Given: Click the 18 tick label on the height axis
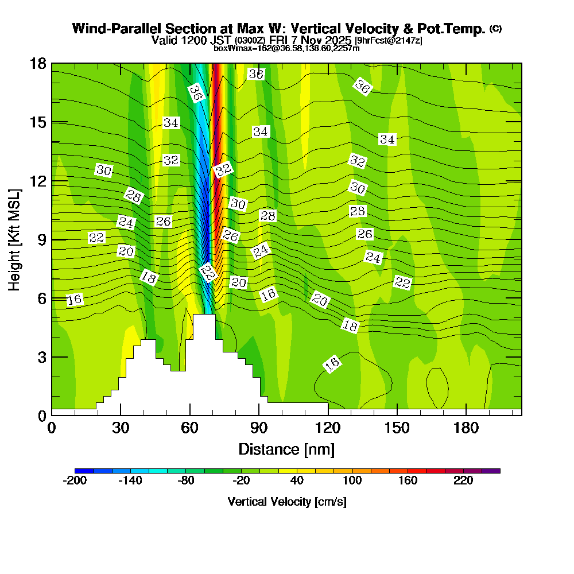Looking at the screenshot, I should tap(38, 63).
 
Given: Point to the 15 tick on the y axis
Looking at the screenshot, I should tap(38, 122).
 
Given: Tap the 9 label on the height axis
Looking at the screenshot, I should tap(41, 239).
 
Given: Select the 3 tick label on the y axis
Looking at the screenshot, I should tap(41, 357).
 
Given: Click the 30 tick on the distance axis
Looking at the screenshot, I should tap(121, 428).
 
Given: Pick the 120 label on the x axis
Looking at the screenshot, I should tap(328, 428).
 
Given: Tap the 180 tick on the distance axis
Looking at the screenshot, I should tap(466, 428).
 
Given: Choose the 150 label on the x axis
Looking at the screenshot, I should tap(397, 428).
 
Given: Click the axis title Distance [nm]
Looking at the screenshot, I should tap(286, 449).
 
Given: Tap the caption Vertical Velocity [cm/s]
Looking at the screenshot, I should tap(287, 502).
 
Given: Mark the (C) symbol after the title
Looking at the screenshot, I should tap(495, 28).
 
